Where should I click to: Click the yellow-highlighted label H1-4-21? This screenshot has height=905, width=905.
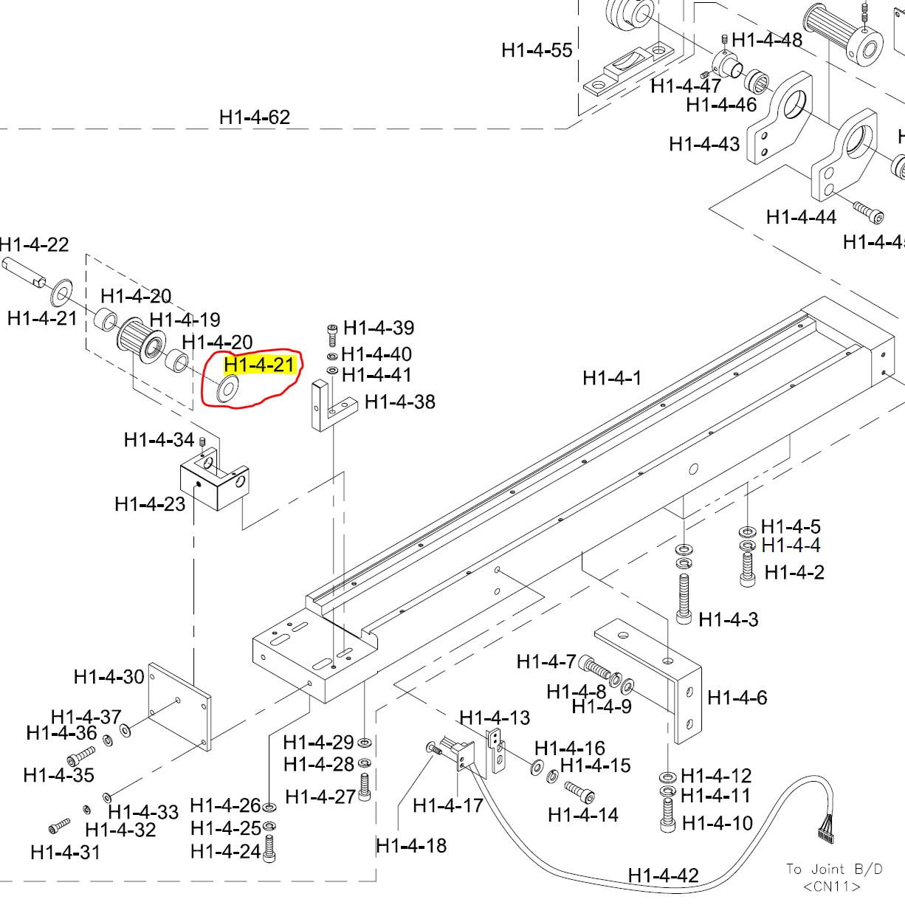(259, 365)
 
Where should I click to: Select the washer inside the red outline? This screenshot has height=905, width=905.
(227, 389)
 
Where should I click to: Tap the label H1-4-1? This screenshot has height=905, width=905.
(612, 378)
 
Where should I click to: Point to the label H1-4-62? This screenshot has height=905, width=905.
(255, 117)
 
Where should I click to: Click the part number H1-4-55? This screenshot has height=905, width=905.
(537, 50)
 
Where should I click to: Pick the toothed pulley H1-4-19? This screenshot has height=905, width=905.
(141, 340)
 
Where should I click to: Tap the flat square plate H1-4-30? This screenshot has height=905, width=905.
(179, 706)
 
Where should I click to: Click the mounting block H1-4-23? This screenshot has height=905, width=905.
(215, 483)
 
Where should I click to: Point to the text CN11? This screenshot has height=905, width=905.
(832, 886)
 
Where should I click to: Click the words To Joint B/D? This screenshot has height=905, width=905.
(833, 869)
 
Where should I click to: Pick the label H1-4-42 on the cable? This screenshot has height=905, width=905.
(663, 875)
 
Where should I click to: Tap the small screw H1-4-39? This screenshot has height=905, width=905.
(332, 334)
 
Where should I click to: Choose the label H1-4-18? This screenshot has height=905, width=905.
(411, 845)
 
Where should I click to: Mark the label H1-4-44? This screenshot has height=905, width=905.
(801, 217)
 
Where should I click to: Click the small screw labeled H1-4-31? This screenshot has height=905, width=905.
(59, 825)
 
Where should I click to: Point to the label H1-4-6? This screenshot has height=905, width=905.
(737, 698)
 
